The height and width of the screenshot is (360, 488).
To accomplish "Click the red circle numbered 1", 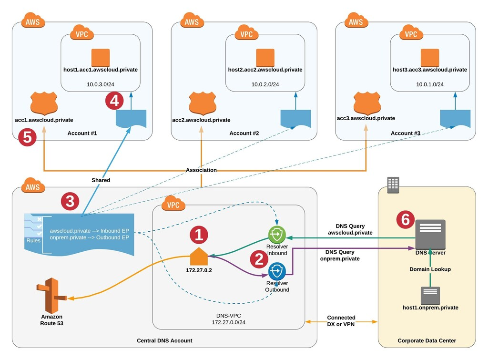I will pyautogui.click(x=199, y=234).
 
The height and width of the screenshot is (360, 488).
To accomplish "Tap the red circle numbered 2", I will pyautogui.click(x=259, y=258).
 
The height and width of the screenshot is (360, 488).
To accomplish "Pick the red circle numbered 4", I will pyautogui.click(x=114, y=101).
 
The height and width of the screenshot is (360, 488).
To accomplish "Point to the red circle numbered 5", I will pyautogui.click(x=27, y=138).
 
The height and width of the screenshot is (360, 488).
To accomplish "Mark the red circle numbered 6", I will pyautogui.click(x=405, y=219).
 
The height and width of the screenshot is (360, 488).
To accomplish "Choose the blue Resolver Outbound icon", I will pyautogui.click(x=277, y=271).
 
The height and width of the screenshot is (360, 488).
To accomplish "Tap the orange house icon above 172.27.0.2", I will pyautogui.click(x=199, y=257).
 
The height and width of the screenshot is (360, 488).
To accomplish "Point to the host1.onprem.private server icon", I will pyautogui.click(x=430, y=296).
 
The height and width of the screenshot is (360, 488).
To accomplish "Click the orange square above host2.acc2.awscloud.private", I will pyautogui.click(x=265, y=58).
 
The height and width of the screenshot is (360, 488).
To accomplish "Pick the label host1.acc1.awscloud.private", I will pyautogui.click(x=101, y=70).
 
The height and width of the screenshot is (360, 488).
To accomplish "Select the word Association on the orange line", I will pyautogui.click(x=201, y=170).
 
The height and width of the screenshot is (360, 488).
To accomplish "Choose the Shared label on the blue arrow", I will pyautogui.click(x=101, y=180).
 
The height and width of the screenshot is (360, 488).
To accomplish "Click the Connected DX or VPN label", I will pyautogui.click(x=341, y=320).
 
